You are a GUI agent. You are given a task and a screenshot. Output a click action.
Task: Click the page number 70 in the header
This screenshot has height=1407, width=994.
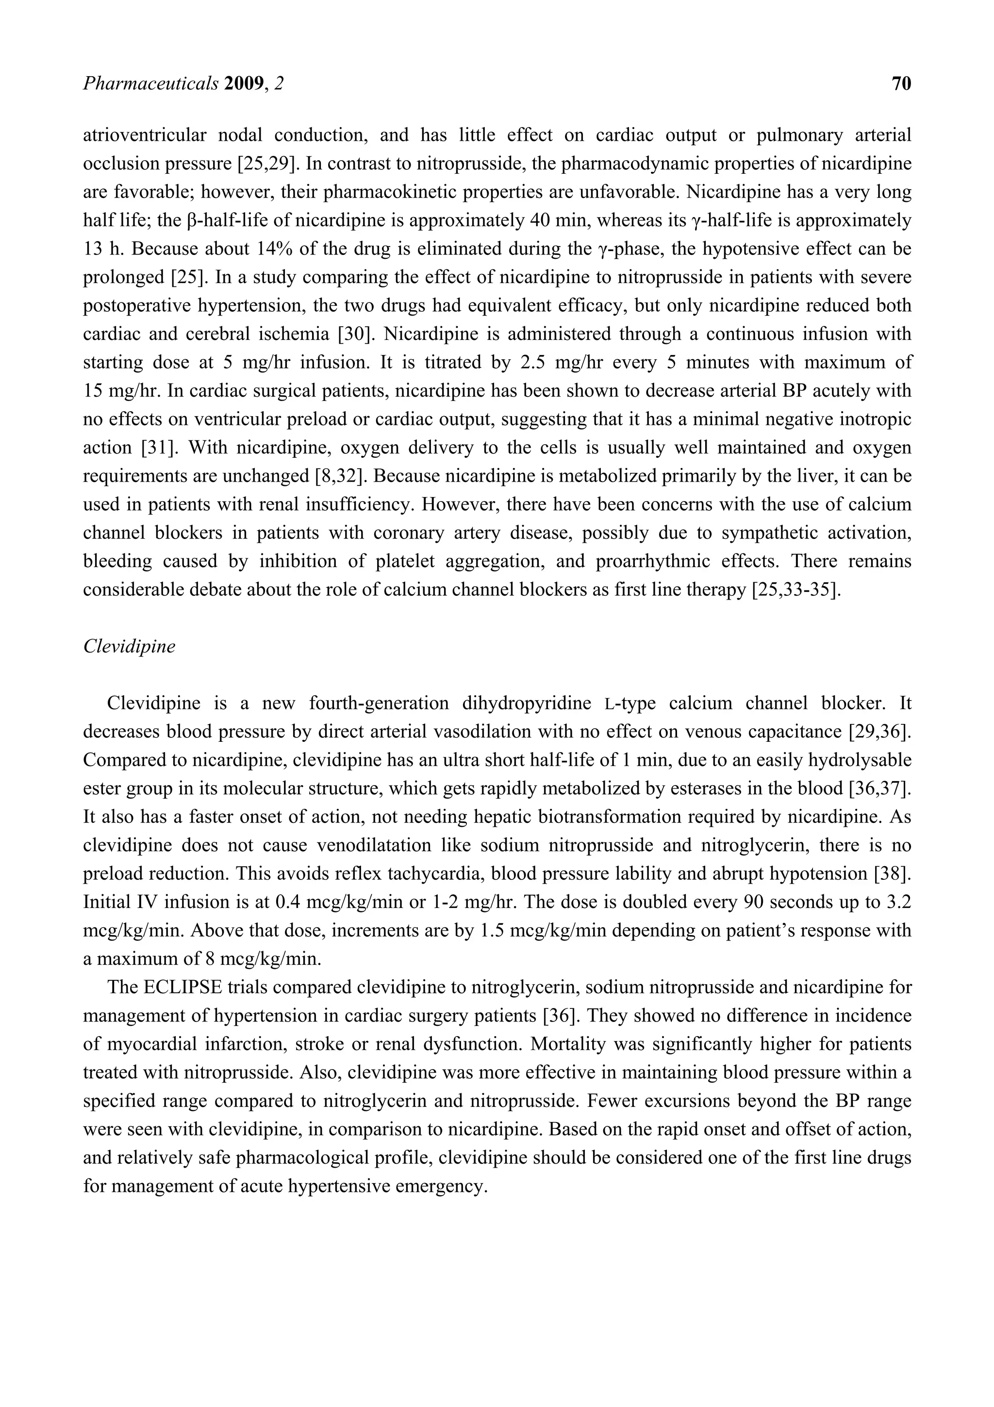[901, 84]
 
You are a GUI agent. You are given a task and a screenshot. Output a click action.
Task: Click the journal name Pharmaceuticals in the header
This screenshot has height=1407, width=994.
[150, 84]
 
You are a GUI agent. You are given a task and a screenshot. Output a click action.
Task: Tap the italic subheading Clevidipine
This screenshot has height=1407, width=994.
[129, 647]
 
